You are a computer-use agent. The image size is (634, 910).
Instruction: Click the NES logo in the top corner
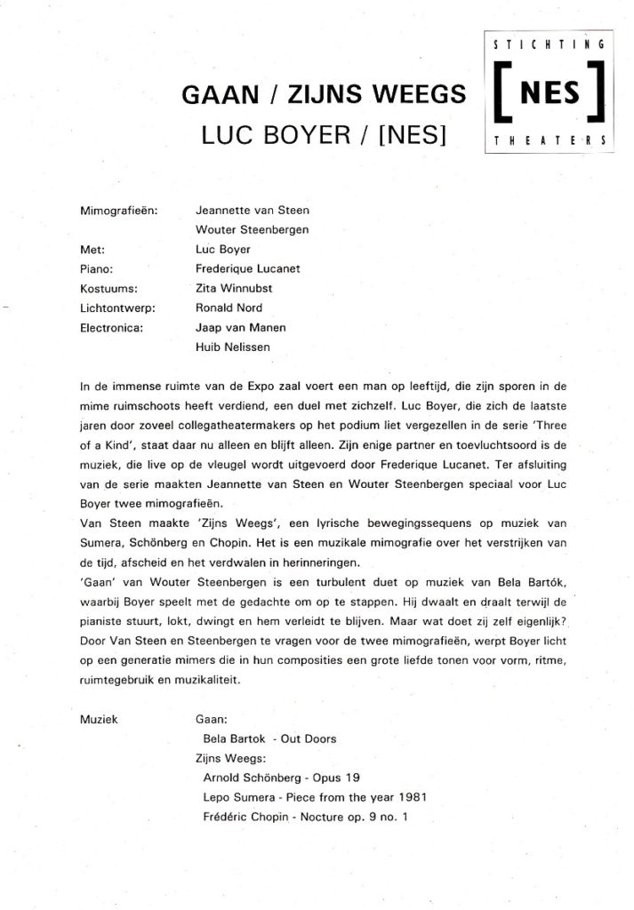pos(547,92)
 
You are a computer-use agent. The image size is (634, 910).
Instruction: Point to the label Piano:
pos(96,269)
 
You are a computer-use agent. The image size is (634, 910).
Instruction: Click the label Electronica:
pos(111,328)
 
